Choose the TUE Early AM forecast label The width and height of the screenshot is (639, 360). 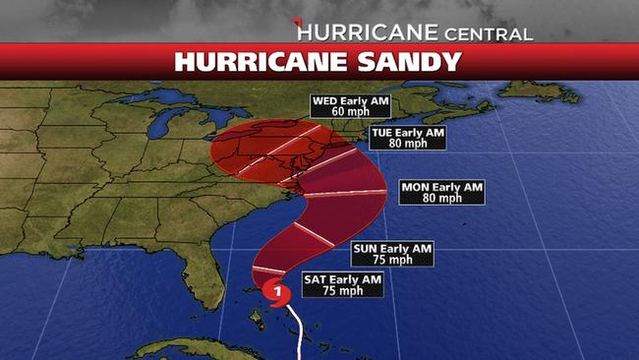[406, 131]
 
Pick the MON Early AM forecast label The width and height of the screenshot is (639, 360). [442, 186]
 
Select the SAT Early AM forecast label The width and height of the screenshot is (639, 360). [340, 279]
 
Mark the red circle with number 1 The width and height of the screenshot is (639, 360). [278, 291]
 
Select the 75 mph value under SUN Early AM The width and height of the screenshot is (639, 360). [392, 261]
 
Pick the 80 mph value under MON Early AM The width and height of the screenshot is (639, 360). [442, 198]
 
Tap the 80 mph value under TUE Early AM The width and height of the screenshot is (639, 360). [406, 143]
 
